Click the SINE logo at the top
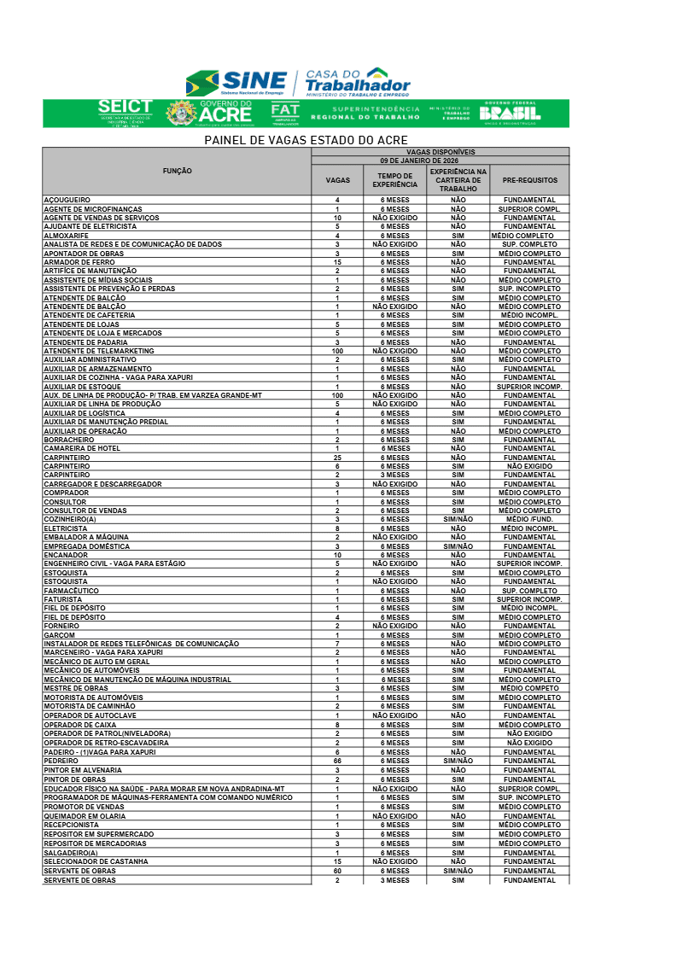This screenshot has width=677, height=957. point(236,84)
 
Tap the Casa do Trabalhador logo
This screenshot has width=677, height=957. point(357,83)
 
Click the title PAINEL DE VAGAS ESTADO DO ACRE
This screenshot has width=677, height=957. point(306,140)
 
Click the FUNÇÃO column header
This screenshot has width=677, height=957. point(177,172)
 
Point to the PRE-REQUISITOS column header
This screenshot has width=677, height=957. point(529,181)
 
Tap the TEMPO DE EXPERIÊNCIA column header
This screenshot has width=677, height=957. point(395,181)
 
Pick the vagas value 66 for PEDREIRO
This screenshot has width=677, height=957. point(337,761)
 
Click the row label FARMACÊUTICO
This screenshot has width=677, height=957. point(72,591)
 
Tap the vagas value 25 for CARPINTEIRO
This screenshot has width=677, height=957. point(337,458)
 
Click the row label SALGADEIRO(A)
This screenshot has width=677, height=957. point(71,853)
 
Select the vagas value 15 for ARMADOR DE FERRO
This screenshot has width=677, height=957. point(337,262)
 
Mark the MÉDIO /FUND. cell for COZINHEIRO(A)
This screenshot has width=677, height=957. point(529,519)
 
